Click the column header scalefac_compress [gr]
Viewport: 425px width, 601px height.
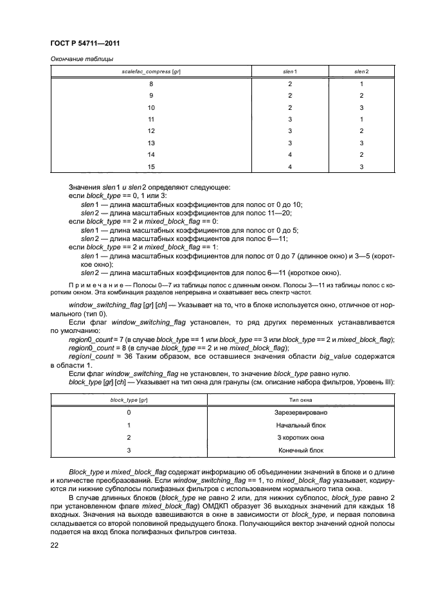151,70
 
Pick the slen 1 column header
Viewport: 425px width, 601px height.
290,70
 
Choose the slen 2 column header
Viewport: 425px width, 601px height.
362,70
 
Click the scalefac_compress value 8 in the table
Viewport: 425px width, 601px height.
151,84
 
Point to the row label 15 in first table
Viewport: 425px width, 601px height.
151,167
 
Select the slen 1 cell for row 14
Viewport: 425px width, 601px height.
290,155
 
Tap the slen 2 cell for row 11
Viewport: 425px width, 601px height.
362,120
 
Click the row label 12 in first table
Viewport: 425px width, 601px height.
151,131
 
